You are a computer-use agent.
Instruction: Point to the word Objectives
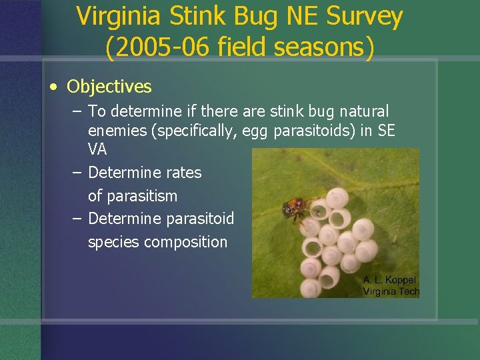click(109, 87)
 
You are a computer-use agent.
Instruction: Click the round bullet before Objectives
click(54, 87)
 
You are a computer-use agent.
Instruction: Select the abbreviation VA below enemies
click(97, 149)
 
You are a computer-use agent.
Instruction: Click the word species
click(114, 242)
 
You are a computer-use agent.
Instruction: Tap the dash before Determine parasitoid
click(77, 219)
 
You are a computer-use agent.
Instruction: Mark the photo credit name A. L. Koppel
click(389, 279)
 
